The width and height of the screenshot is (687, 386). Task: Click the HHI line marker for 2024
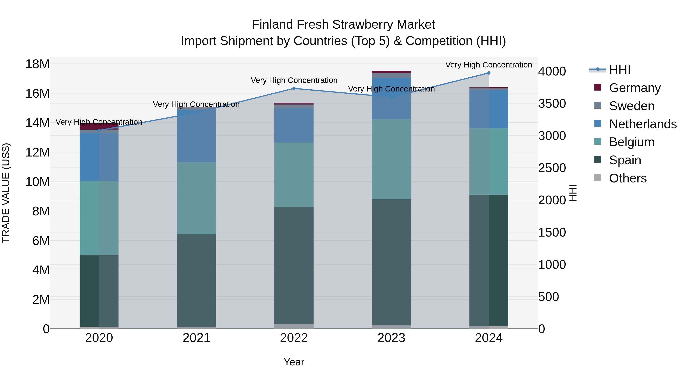tap(489, 73)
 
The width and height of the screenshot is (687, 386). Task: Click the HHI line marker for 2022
tap(294, 88)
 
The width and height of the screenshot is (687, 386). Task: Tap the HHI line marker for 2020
tap(99, 131)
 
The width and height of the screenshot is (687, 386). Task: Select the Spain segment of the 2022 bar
tap(294, 265)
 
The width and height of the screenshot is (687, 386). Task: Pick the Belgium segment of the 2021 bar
tap(197, 198)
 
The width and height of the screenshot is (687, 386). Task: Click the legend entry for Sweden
tap(631, 106)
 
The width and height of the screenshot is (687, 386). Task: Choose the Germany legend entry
tap(635, 88)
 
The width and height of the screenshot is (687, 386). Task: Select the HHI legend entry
tap(619, 70)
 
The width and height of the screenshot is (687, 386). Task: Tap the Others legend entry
tap(627, 178)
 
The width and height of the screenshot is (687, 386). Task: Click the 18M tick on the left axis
tap(37, 64)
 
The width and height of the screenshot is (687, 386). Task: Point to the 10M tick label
tap(37, 182)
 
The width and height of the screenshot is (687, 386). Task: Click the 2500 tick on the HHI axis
tap(552, 168)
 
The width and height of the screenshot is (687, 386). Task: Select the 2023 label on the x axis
tap(391, 338)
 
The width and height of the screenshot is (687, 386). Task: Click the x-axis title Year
tap(294, 362)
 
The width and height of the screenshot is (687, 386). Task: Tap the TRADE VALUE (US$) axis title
tap(6, 193)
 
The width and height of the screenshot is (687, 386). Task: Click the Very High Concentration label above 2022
tap(294, 80)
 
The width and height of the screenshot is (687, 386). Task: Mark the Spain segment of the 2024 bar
tap(489, 260)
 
